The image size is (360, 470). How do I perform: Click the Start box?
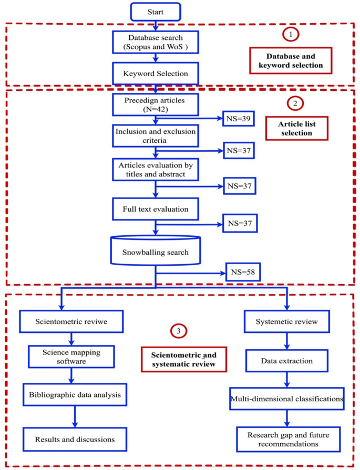click(155, 11)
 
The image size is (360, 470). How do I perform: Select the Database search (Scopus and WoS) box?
click(155, 43)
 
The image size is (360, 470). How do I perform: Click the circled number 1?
click(291, 35)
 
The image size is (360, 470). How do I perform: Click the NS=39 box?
click(238, 120)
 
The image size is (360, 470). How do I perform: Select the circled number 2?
click(295, 103)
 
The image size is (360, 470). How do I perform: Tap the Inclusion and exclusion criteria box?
click(155, 136)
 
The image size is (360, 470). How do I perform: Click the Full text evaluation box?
click(155, 209)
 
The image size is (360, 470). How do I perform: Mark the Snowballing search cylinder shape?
click(155, 250)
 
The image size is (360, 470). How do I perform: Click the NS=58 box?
click(243, 273)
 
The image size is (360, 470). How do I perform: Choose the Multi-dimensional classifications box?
click(287, 400)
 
